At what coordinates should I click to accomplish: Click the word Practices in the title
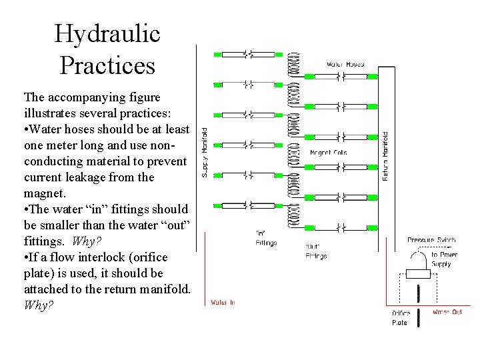point(107,65)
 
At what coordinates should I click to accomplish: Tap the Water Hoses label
point(345,65)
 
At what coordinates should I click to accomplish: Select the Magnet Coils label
point(329,153)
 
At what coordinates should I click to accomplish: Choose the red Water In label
point(222,302)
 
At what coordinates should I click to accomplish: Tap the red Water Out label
point(447,311)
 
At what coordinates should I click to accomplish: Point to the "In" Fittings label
point(265,239)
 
